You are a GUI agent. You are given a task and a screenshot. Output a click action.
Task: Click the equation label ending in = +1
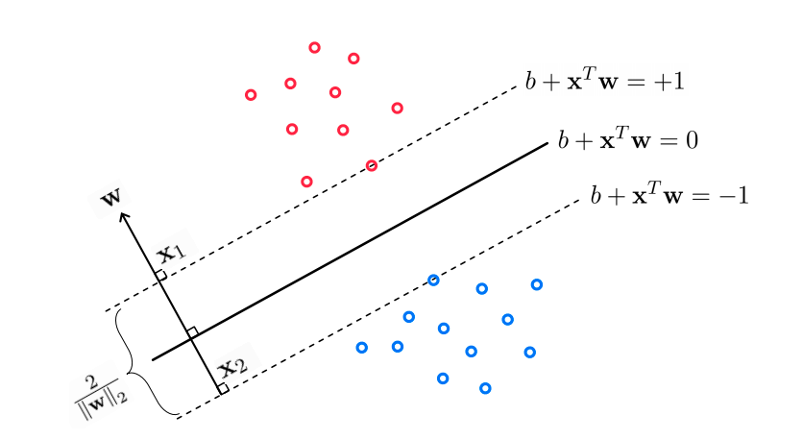pyautogui.click(x=604, y=82)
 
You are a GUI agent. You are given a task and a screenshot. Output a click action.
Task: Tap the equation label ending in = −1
pyautogui.click(x=669, y=197)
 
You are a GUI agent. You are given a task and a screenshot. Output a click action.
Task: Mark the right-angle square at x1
pyautogui.click(x=161, y=276)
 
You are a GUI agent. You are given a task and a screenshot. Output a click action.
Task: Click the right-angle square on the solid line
pyautogui.click(x=192, y=332)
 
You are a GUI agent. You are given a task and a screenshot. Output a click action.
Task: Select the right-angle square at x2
pyautogui.click(x=223, y=388)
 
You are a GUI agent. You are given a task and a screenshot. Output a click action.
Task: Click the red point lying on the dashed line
pyautogui.click(x=372, y=165)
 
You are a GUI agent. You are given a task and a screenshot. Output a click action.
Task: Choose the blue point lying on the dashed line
pyautogui.click(x=433, y=280)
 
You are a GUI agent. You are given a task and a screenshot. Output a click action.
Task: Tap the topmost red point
pyautogui.click(x=314, y=47)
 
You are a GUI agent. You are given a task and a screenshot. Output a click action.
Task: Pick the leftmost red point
pyautogui.click(x=251, y=94)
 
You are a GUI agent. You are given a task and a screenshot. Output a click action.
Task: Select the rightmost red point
pyautogui.click(x=397, y=108)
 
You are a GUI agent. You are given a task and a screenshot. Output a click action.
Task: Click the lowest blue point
pyautogui.click(x=485, y=388)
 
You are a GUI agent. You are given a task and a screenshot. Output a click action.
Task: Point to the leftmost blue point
pyautogui.click(x=361, y=347)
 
